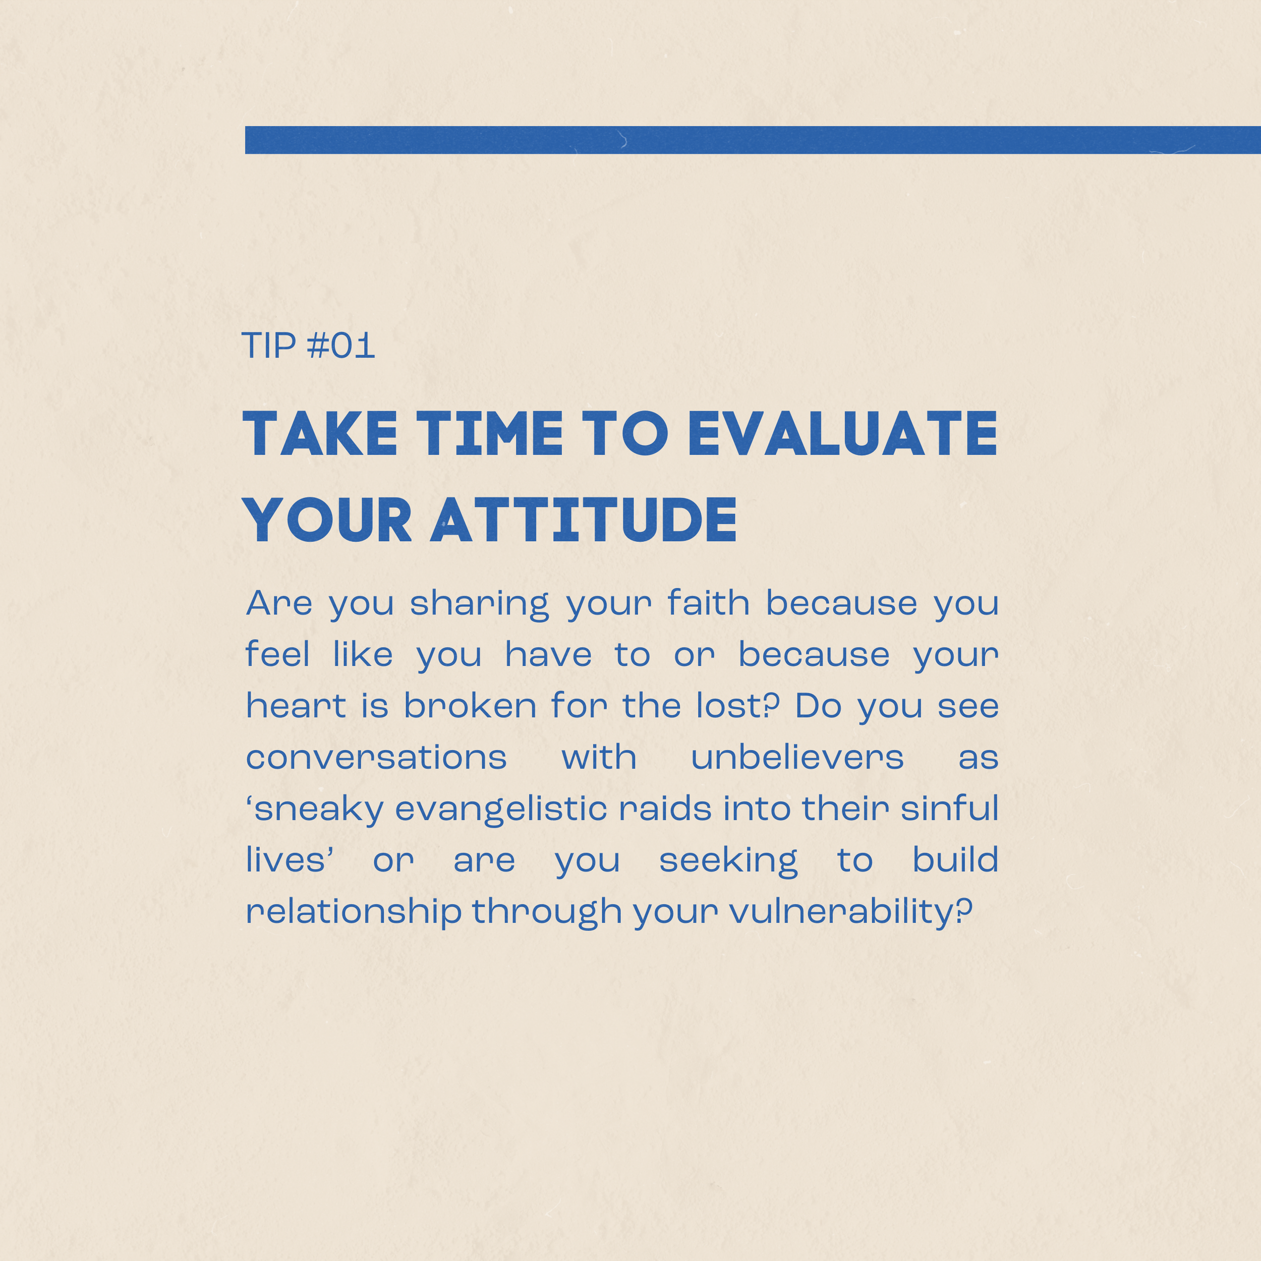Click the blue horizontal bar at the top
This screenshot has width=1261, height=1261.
[753, 140]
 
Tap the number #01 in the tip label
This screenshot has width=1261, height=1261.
[340, 346]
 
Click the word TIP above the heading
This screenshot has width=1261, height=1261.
[269, 346]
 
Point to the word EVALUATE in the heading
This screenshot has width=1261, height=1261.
[843, 433]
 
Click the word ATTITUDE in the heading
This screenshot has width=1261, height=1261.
[584, 520]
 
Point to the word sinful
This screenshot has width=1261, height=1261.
[950, 808]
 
